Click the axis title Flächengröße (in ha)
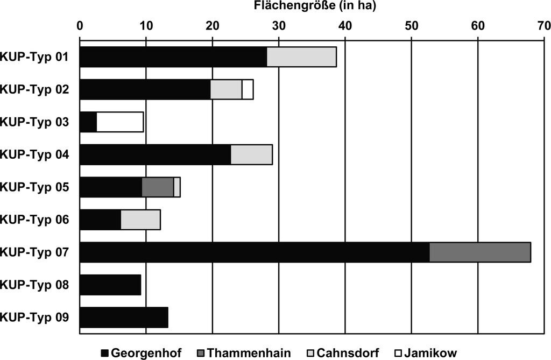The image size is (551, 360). click(x=314, y=6)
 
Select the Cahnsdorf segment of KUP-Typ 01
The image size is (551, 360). click(x=301, y=57)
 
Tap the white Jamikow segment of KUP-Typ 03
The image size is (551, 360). click(x=120, y=122)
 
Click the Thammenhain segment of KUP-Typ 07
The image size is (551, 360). click(x=480, y=252)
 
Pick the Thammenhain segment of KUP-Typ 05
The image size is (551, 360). click(x=158, y=187)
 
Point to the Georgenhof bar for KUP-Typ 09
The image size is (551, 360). click(x=124, y=317)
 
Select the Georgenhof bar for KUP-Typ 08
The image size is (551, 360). click(x=110, y=285)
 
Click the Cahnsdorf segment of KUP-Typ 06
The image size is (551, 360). click(x=140, y=220)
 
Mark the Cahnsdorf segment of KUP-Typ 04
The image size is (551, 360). click(x=252, y=154)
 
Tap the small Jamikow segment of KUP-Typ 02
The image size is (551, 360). click(x=248, y=90)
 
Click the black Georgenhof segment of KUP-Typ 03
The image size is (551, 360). click(x=88, y=122)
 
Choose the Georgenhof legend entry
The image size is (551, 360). click(x=142, y=352)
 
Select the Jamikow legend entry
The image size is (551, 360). click(x=426, y=352)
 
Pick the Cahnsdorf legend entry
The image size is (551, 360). click(x=343, y=352)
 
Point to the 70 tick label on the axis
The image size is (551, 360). click(x=544, y=26)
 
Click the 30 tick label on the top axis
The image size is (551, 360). click(x=279, y=26)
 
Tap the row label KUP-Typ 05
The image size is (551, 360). click(x=34, y=187)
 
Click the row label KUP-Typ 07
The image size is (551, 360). click(x=34, y=252)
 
